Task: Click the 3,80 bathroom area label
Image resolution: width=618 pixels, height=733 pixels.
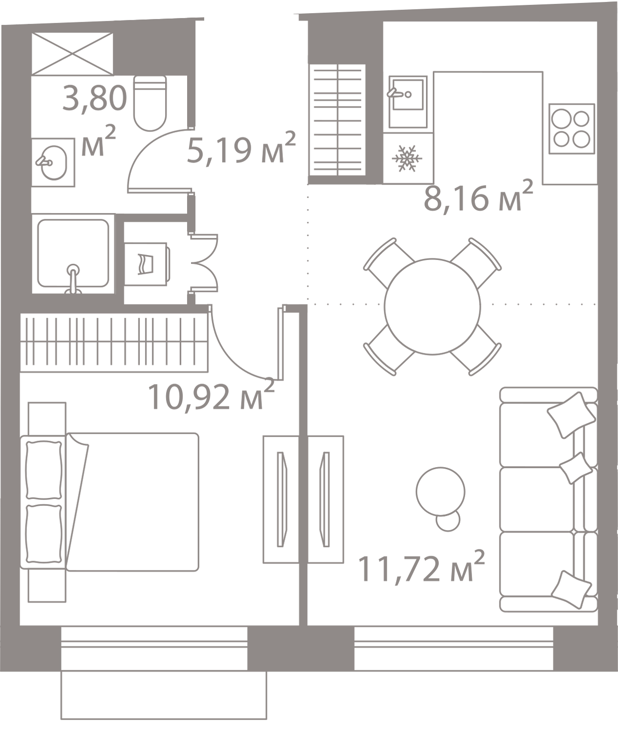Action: pyautogui.click(x=94, y=98)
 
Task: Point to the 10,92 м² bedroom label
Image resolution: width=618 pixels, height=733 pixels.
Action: pyautogui.click(x=210, y=397)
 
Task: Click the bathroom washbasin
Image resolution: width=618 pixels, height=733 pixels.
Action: pyautogui.click(x=53, y=160)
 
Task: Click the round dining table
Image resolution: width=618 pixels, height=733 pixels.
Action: pyautogui.click(x=432, y=305)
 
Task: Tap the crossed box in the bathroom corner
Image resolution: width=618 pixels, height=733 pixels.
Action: pyautogui.click(x=72, y=53)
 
